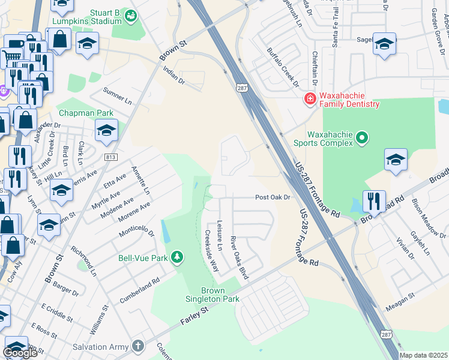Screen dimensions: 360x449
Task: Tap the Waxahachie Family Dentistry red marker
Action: [310, 98]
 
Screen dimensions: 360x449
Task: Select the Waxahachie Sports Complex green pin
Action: [362, 139]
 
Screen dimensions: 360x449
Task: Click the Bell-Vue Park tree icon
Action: [176, 258]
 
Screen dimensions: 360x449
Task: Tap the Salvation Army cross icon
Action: [139, 346]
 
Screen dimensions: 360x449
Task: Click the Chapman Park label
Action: [86, 113]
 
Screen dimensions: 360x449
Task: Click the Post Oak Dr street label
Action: [273, 197]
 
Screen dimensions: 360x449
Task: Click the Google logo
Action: [20, 353]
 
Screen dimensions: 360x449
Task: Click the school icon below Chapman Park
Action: [106, 130]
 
